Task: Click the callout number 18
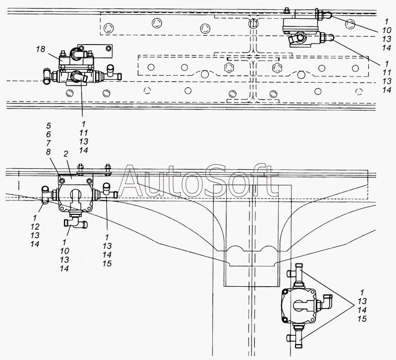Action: [41, 49]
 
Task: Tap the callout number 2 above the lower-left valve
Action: [66, 154]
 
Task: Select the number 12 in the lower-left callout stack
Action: [35, 227]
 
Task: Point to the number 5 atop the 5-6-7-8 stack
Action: [49, 126]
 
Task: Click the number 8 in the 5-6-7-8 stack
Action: [48, 152]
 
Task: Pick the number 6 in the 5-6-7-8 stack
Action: [49, 134]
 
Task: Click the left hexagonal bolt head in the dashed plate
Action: [228, 68]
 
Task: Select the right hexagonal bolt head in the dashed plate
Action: [277, 68]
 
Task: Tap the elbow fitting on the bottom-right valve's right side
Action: [326, 302]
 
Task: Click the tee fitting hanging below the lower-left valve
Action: [76, 222]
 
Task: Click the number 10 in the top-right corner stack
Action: [387, 30]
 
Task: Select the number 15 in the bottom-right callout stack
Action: [362, 319]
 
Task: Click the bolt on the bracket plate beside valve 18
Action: [108, 48]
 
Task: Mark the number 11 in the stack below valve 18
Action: [84, 133]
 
